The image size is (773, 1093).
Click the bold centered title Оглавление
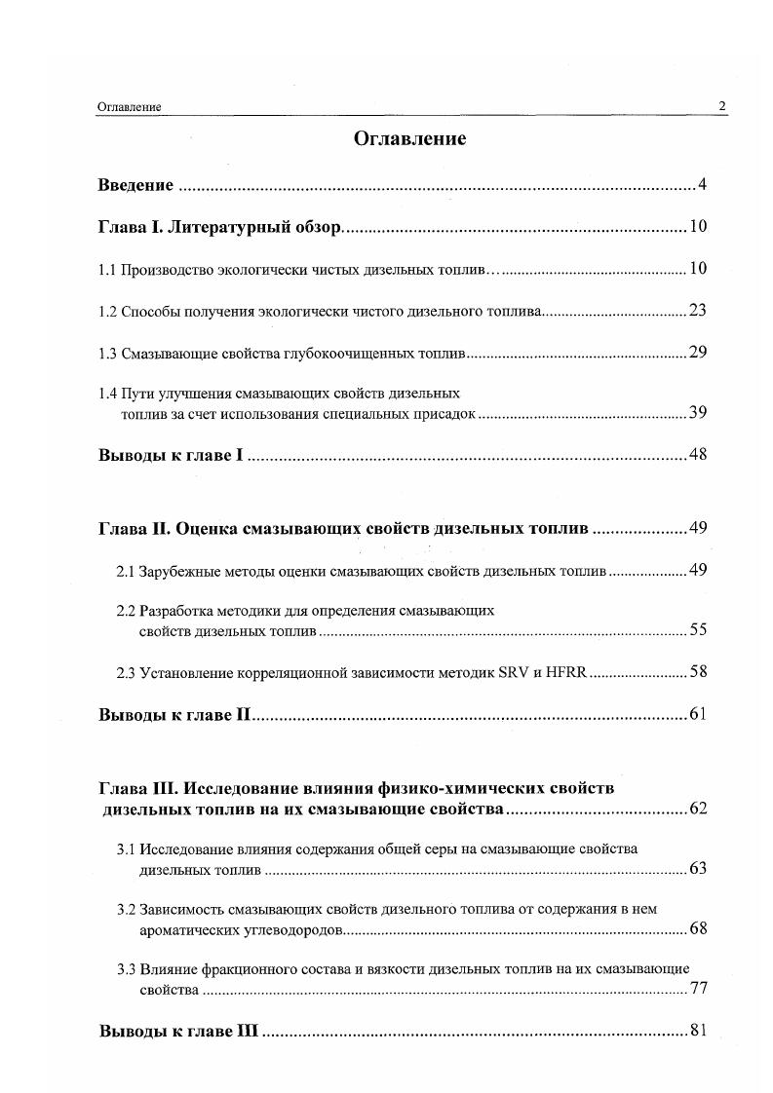409,138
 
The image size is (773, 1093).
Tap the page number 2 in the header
721,106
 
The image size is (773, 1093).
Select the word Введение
135,185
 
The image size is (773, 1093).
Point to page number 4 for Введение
701,185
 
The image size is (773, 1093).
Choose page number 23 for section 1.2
697,312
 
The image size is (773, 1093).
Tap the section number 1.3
107,354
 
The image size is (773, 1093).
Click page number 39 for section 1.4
697,413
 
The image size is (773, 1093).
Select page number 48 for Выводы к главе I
697,455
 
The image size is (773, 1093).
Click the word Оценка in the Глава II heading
206,529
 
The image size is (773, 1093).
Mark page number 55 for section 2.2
697,630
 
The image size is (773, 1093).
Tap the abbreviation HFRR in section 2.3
567,672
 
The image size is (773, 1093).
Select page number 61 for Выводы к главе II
697,715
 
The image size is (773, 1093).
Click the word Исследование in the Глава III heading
242,787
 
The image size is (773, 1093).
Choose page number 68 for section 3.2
697,928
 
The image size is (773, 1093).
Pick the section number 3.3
126,969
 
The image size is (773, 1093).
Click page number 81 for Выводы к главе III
697,1031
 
